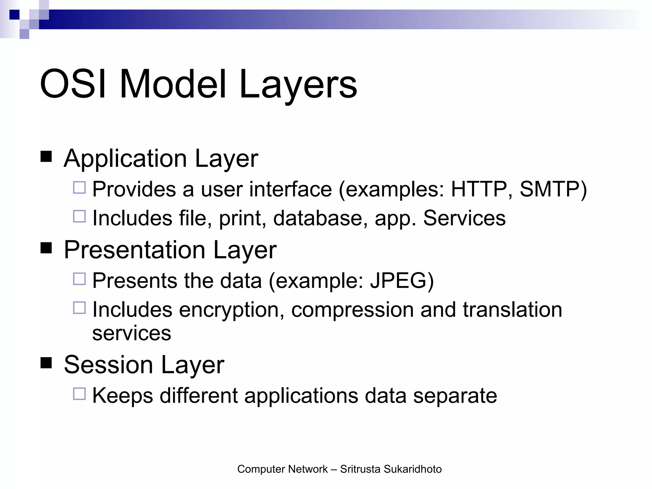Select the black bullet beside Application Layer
(46, 157)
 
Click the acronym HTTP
(478, 189)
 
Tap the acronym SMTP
(550, 189)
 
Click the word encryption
(231, 310)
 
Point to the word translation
(512, 309)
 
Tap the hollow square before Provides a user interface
(79, 188)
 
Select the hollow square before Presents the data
(79, 279)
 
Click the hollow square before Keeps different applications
(79, 394)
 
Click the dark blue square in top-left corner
(14, 15)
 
